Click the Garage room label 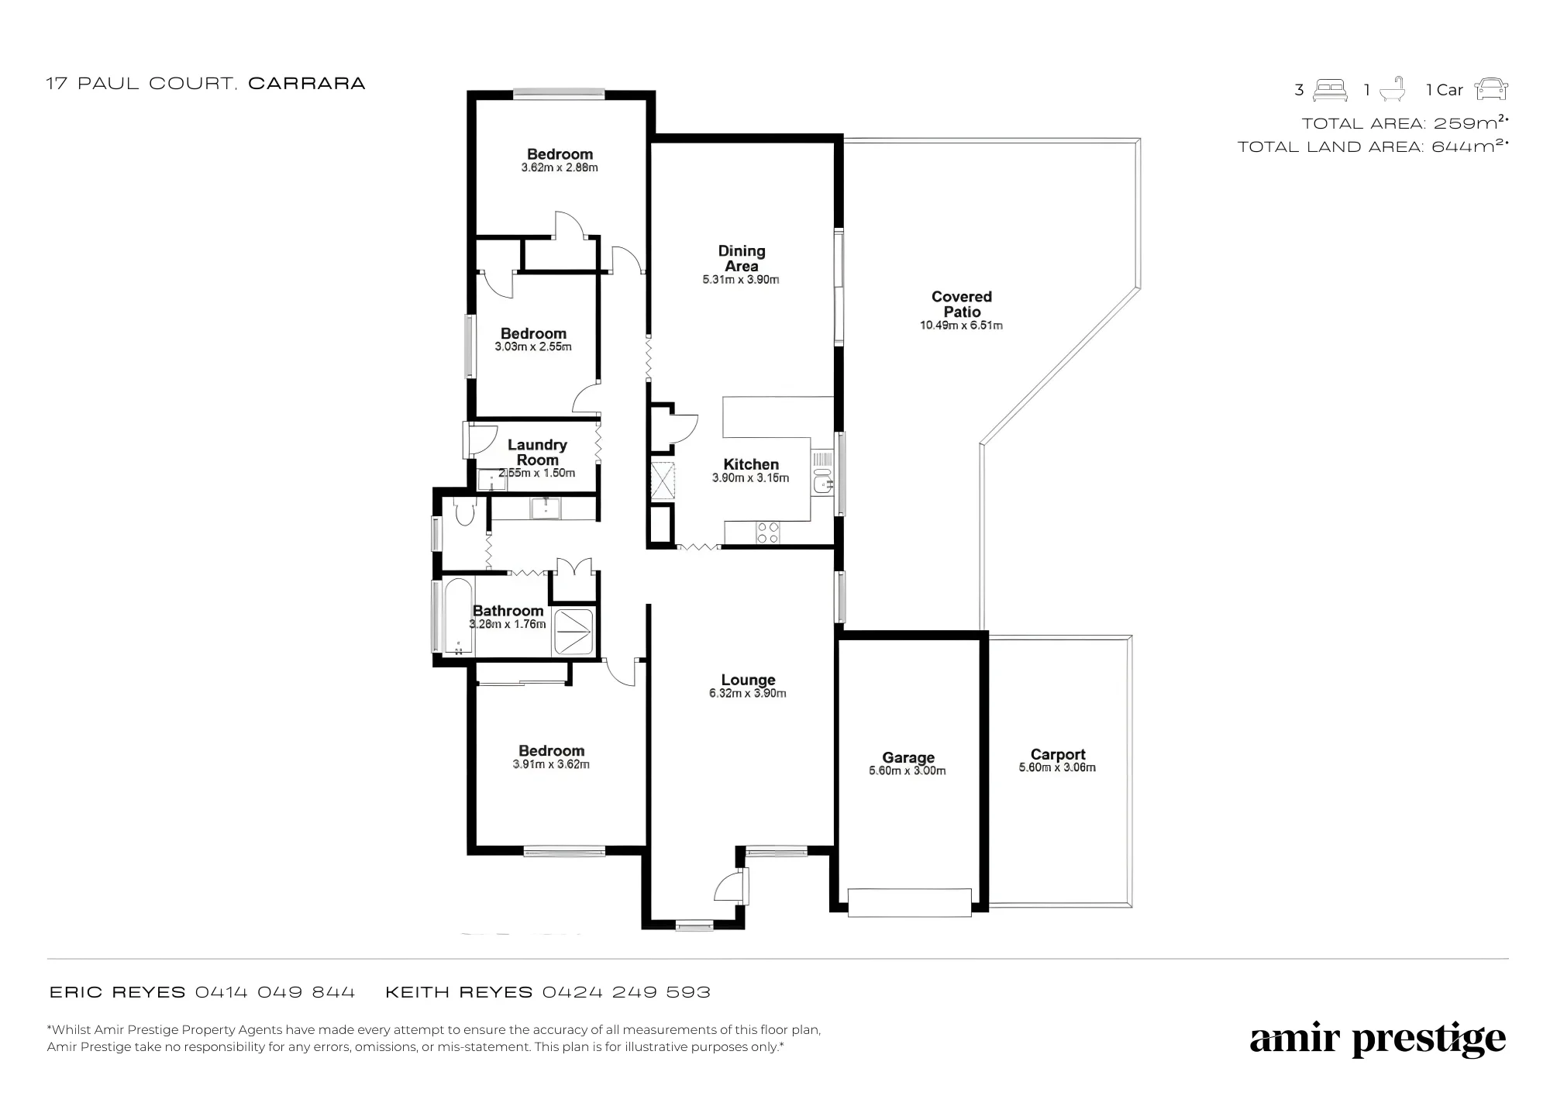(x=908, y=757)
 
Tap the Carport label (x=1058, y=754)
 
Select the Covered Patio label (x=962, y=304)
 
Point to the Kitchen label (x=751, y=464)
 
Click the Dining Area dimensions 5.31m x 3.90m (x=741, y=280)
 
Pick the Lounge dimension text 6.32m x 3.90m (x=748, y=693)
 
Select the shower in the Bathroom (x=574, y=632)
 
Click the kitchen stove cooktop (x=768, y=532)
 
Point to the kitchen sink (x=822, y=481)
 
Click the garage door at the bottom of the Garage (x=909, y=903)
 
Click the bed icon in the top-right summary (x=1331, y=90)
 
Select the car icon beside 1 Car (x=1491, y=90)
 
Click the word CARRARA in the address (x=306, y=84)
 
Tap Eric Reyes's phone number (x=275, y=992)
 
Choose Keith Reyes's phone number (x=626, y=992)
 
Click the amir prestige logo (x=1378, y=1039)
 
